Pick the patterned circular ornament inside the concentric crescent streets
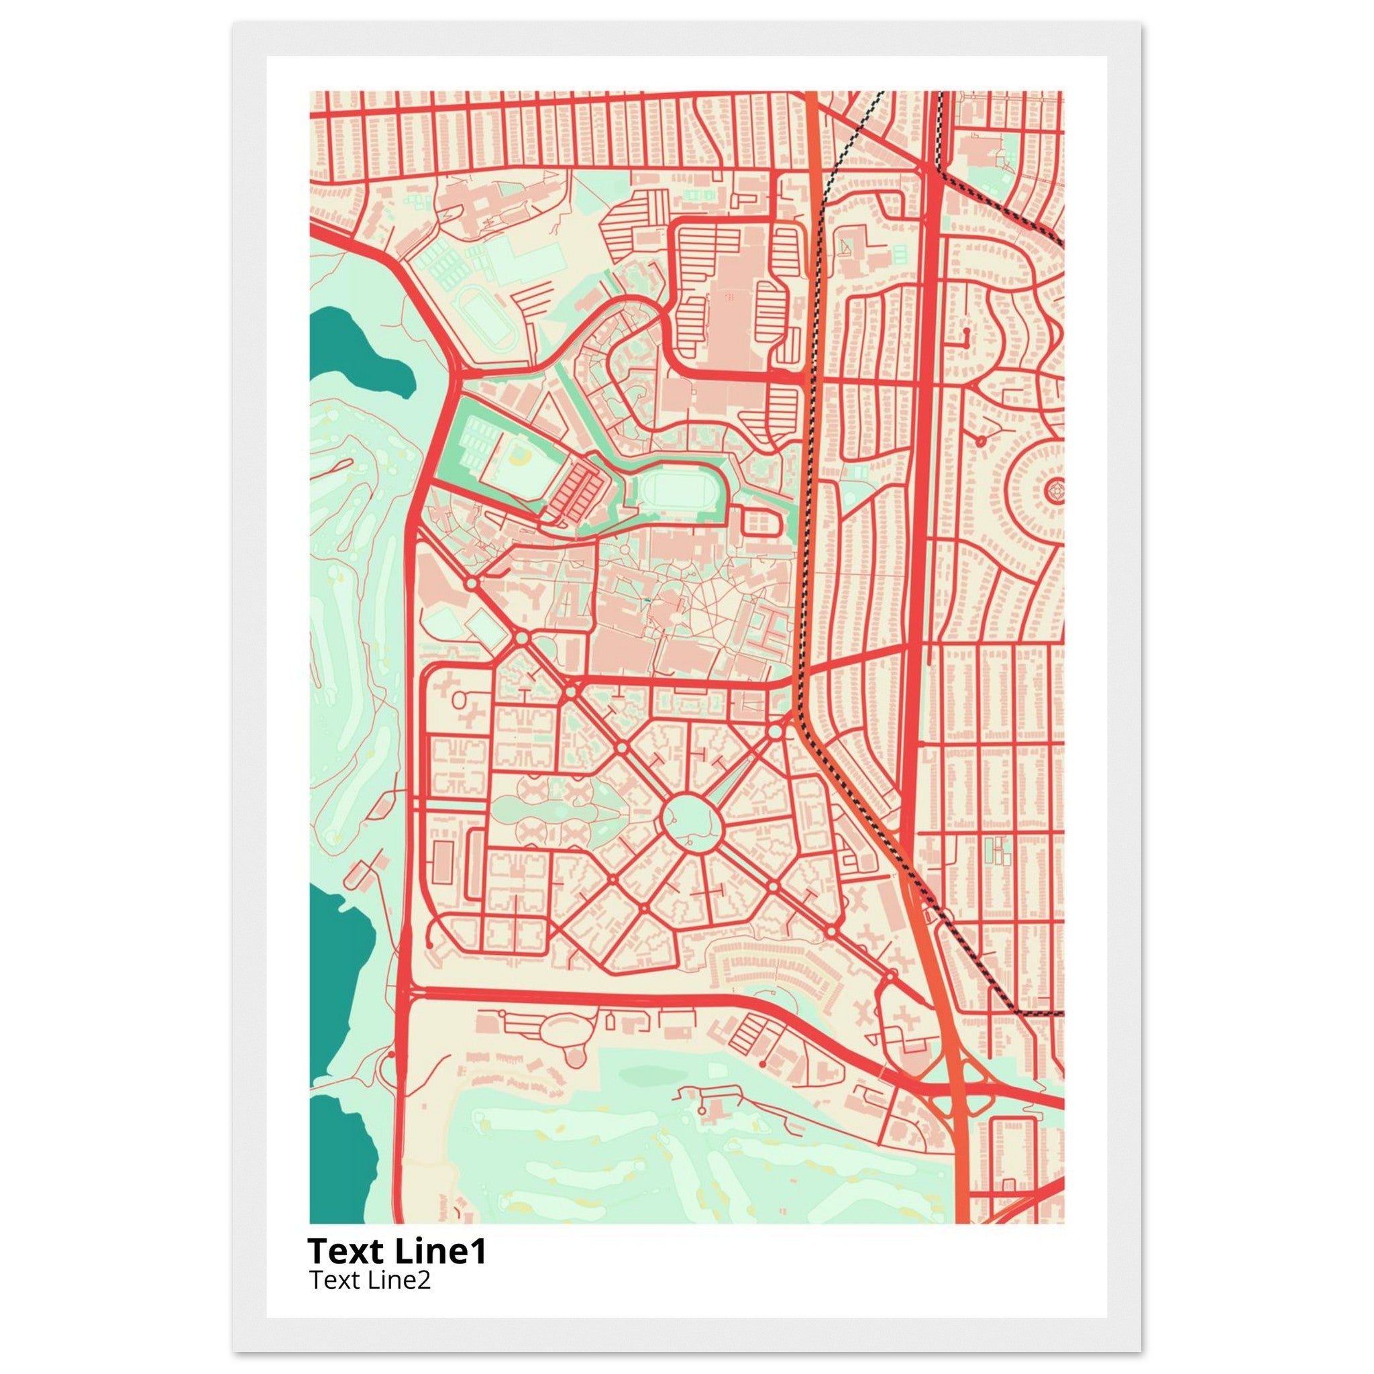click(1055, 490)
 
